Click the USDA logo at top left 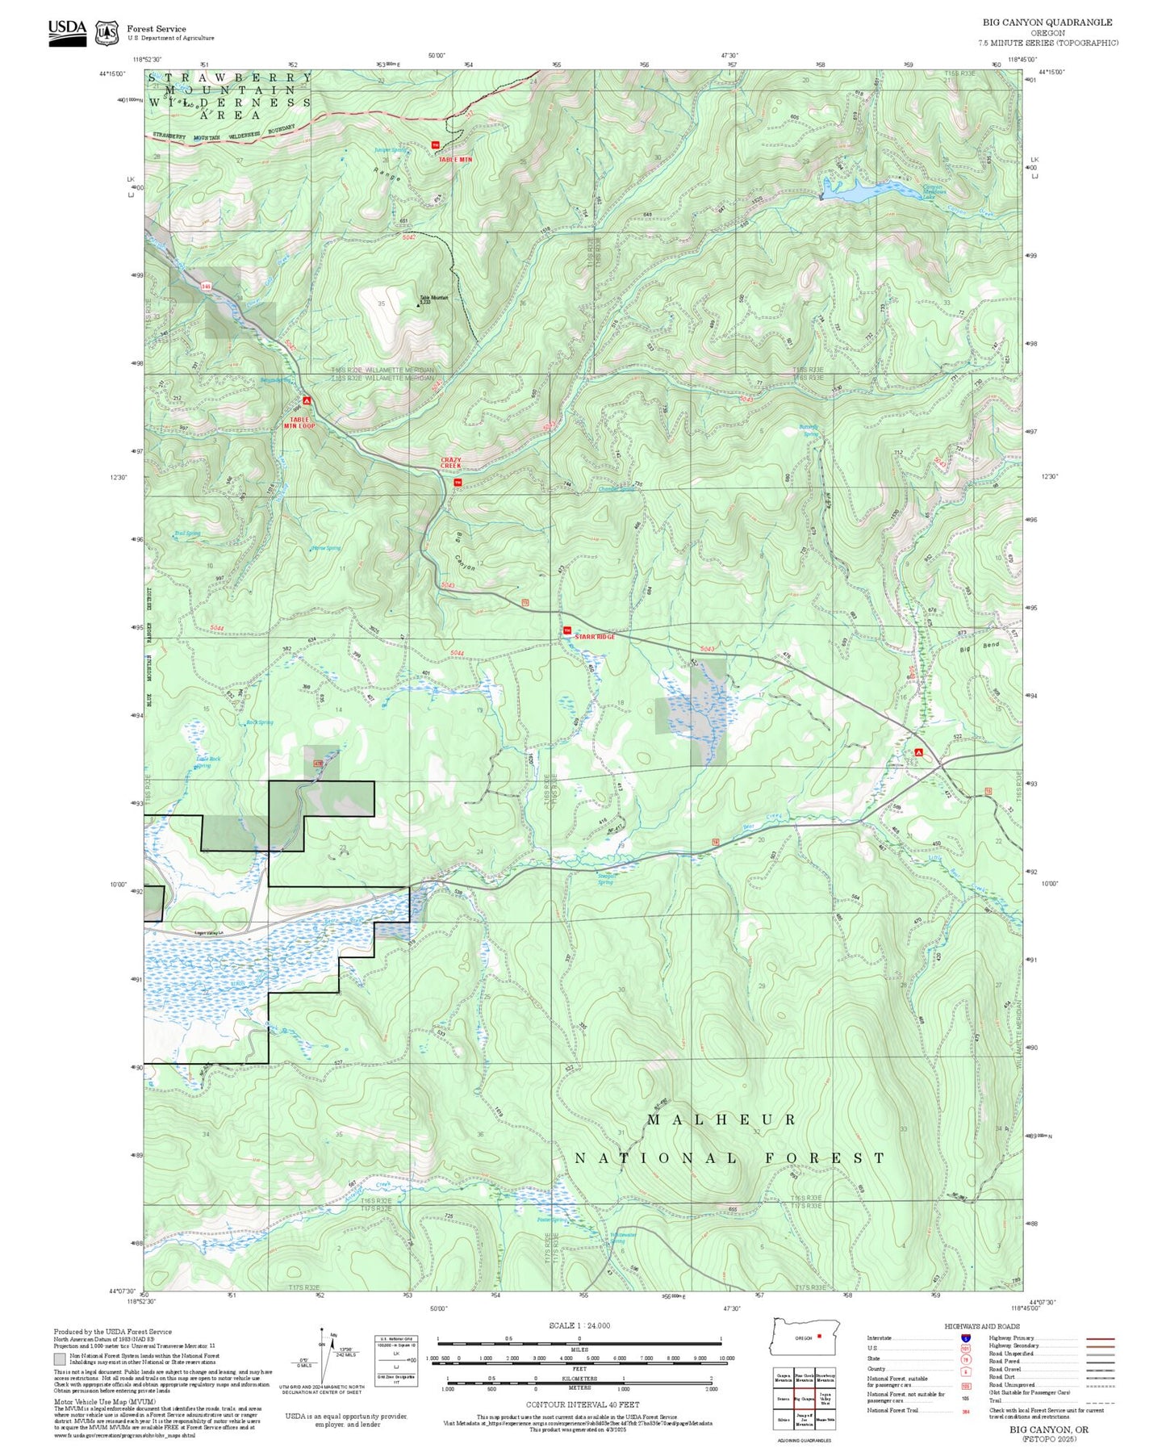67,32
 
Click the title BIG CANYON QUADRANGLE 1047,23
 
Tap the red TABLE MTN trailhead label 455,160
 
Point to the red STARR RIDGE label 595,637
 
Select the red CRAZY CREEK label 451,463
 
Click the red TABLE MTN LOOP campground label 299,422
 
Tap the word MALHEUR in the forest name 721,1119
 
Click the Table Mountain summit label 433,299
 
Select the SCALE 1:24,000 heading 579,1325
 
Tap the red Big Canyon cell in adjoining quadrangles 803,1399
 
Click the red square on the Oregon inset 819,1336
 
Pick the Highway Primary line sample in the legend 1101,1338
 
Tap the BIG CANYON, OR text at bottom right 1048,1429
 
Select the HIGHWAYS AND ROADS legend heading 982,1326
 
